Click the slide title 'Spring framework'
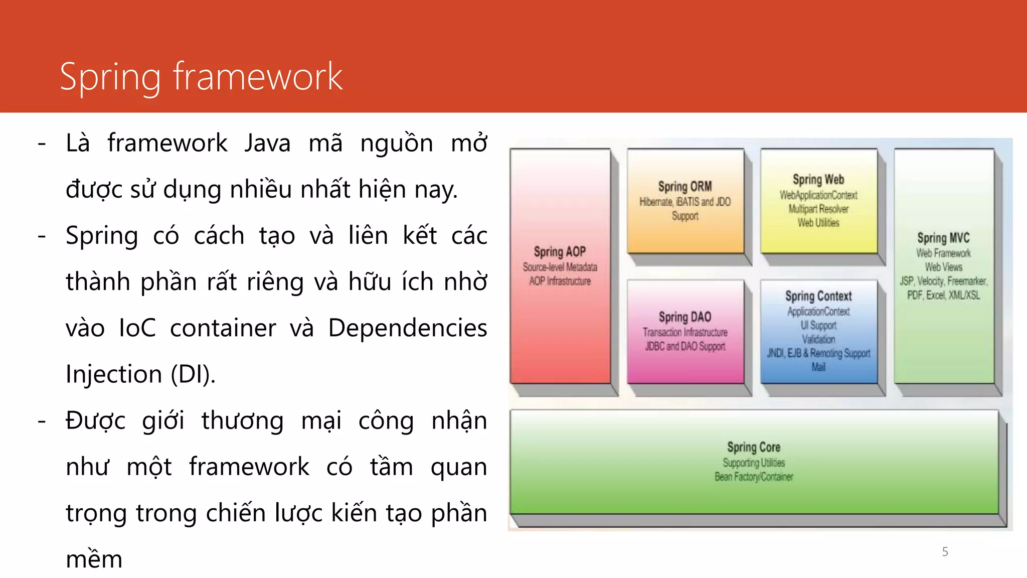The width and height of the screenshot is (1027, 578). pos(201,77)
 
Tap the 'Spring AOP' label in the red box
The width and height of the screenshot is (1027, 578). pos(560,251)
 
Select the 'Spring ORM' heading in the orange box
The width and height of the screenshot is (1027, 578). pos(685,187)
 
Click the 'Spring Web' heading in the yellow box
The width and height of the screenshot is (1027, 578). pos(818,179)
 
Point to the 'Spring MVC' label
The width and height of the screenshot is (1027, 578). pos(943,238)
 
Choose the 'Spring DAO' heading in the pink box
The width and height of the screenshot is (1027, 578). pos(685,317)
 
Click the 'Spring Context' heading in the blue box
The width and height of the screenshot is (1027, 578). pos(818,296)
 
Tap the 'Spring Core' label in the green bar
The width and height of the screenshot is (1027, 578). pos(754,447)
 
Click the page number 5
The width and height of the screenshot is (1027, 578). pos(945,552)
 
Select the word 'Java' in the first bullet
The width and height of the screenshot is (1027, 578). pos(267,143)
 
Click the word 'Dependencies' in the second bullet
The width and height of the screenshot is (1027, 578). pos(407,329)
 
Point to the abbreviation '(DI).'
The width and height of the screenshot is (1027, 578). pos(193,375)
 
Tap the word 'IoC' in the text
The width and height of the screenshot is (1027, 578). pos(137,329)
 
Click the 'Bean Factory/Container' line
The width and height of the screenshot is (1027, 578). pos(754,477)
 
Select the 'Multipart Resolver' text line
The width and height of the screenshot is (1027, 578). pos(818,209)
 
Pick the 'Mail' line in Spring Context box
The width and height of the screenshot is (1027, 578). pos(818,367)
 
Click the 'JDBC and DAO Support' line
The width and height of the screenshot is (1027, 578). pos(685,346)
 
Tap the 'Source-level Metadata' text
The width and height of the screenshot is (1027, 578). pos(560,267)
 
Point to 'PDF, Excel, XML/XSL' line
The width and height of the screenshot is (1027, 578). pos(943,295)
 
